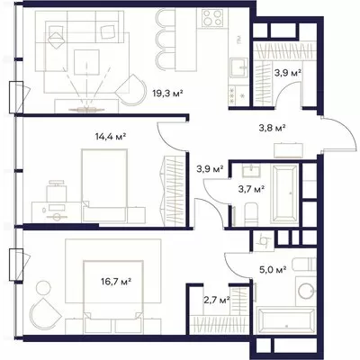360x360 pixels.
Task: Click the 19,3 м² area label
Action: click(167, 94)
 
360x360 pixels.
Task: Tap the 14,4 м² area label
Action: click(110, 137)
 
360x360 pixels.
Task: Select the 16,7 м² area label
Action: click(116, 282)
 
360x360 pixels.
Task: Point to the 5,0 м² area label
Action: click(273, 269)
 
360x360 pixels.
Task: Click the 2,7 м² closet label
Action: click(216, 299)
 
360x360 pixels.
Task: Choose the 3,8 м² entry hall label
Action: click(272, 128)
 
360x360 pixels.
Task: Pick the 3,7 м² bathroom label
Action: click(251, 189)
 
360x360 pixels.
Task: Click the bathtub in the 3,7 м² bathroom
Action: click(284, 193)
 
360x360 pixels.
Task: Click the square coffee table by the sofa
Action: click(86, 62)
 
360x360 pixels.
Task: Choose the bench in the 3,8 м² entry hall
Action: click(288, 150)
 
